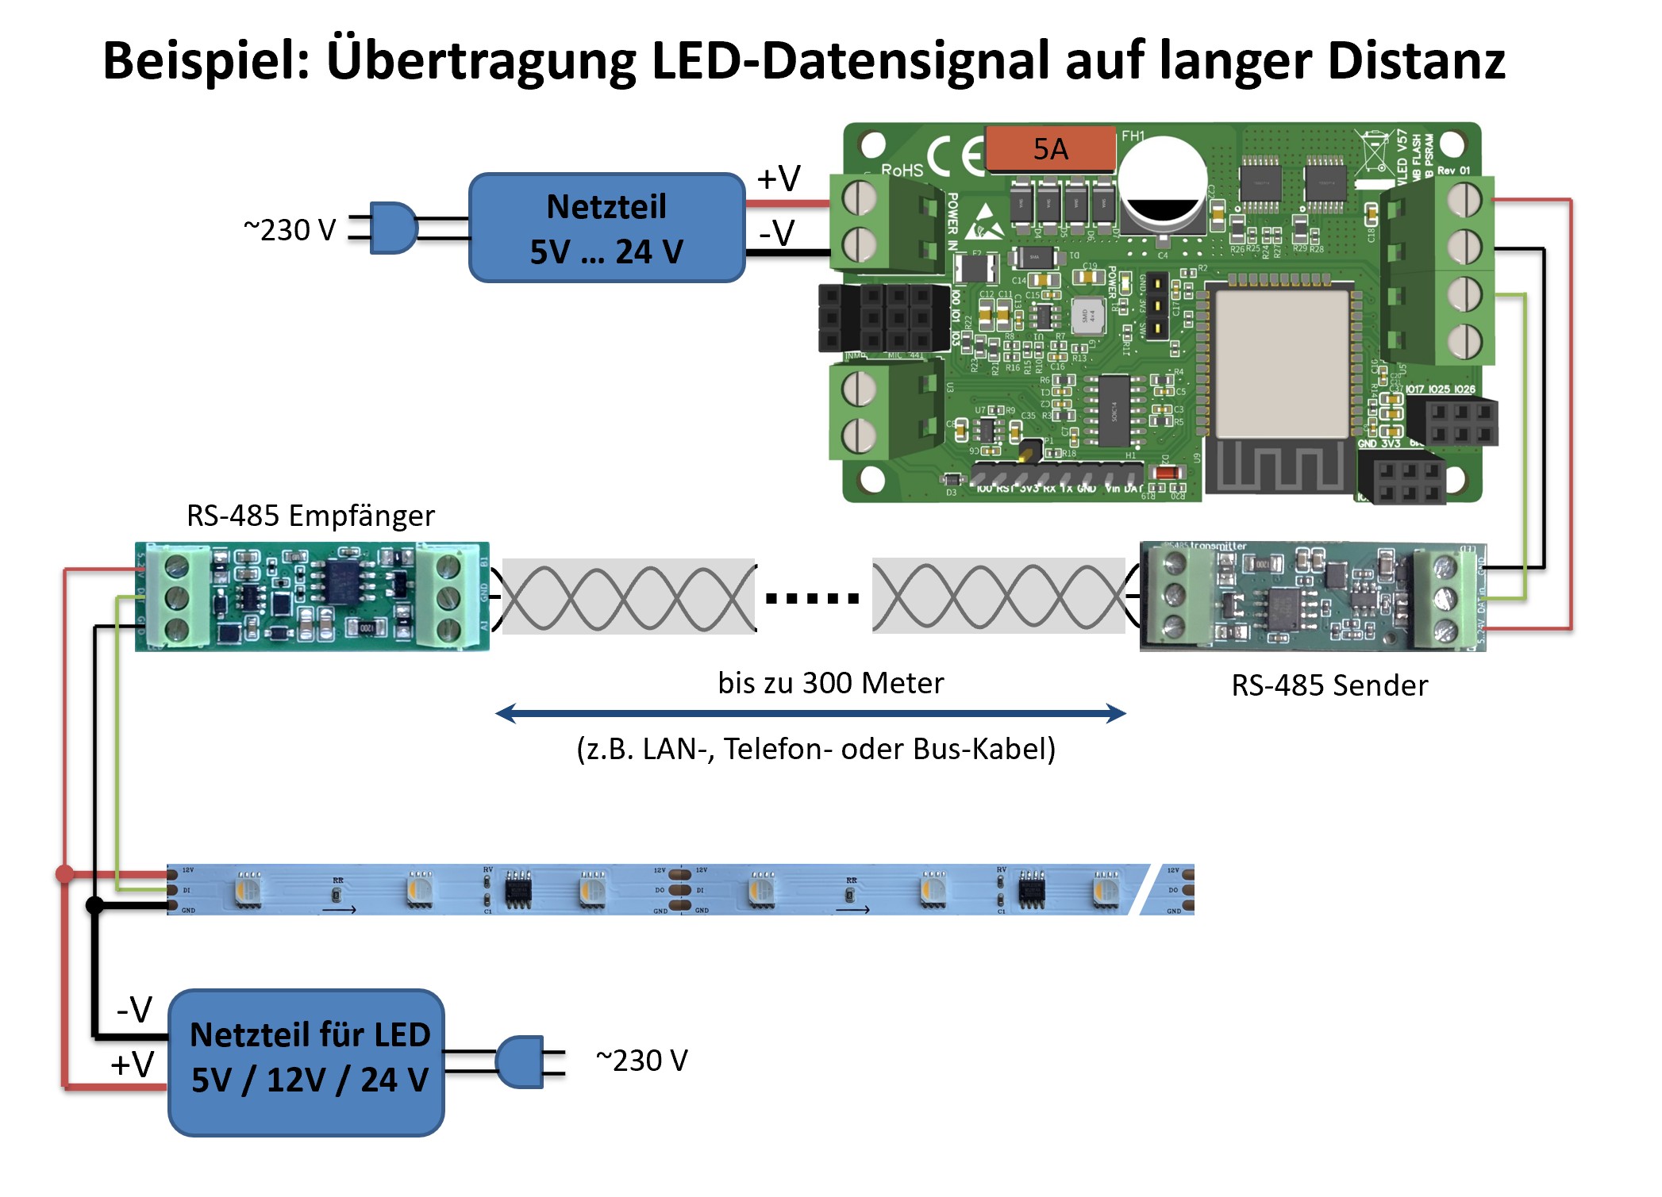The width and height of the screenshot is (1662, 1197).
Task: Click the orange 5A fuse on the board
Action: click(x=1050, y=148)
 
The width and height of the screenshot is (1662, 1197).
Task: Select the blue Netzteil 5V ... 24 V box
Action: click(x=606, y=228)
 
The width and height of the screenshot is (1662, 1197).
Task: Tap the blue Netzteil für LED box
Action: click(x=306, y=1061)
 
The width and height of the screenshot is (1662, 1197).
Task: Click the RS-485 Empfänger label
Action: click(x=310, y=516)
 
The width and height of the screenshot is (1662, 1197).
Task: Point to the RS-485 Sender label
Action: click(x=1329, y=685)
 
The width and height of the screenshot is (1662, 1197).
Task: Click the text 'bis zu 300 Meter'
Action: click(x=830, y=683)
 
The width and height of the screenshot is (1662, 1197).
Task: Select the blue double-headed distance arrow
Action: click(x=810, y=714)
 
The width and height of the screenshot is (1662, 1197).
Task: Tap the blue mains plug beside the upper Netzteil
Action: click(x=392, y=228)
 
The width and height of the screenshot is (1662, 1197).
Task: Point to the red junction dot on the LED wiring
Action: click(x=65, y=874)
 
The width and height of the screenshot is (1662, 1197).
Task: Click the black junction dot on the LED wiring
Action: click(x=94, y=904)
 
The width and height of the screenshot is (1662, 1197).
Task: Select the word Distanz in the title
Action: click(x=1416, y=61)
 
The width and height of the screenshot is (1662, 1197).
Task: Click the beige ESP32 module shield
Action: click(x=1282, y=363)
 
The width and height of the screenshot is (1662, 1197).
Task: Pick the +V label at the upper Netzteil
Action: click(x=779, y=178)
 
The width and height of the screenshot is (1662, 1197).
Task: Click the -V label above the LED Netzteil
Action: click(x=134, y=1010)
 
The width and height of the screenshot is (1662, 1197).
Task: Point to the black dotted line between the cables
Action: click(x=813, y=597)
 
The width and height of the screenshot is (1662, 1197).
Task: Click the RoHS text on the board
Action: click(x=902, y=170)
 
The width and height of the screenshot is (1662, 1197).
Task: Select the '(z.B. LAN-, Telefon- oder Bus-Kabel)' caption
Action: click(x=816, y=749)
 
